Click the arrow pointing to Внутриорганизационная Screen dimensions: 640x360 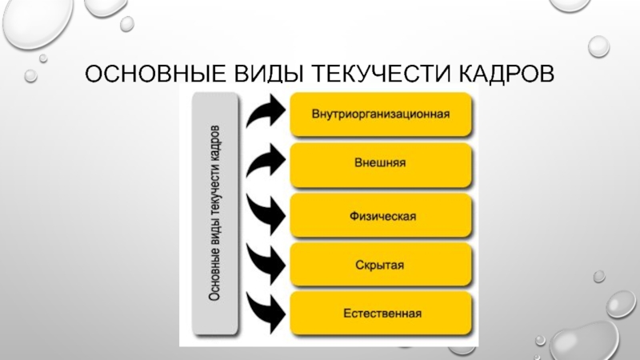tap(264, 113)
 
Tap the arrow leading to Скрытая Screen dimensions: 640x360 tap(264, 261)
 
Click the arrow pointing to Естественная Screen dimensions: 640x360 tap(264, 309)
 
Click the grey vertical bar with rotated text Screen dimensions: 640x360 tap(215, 213)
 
